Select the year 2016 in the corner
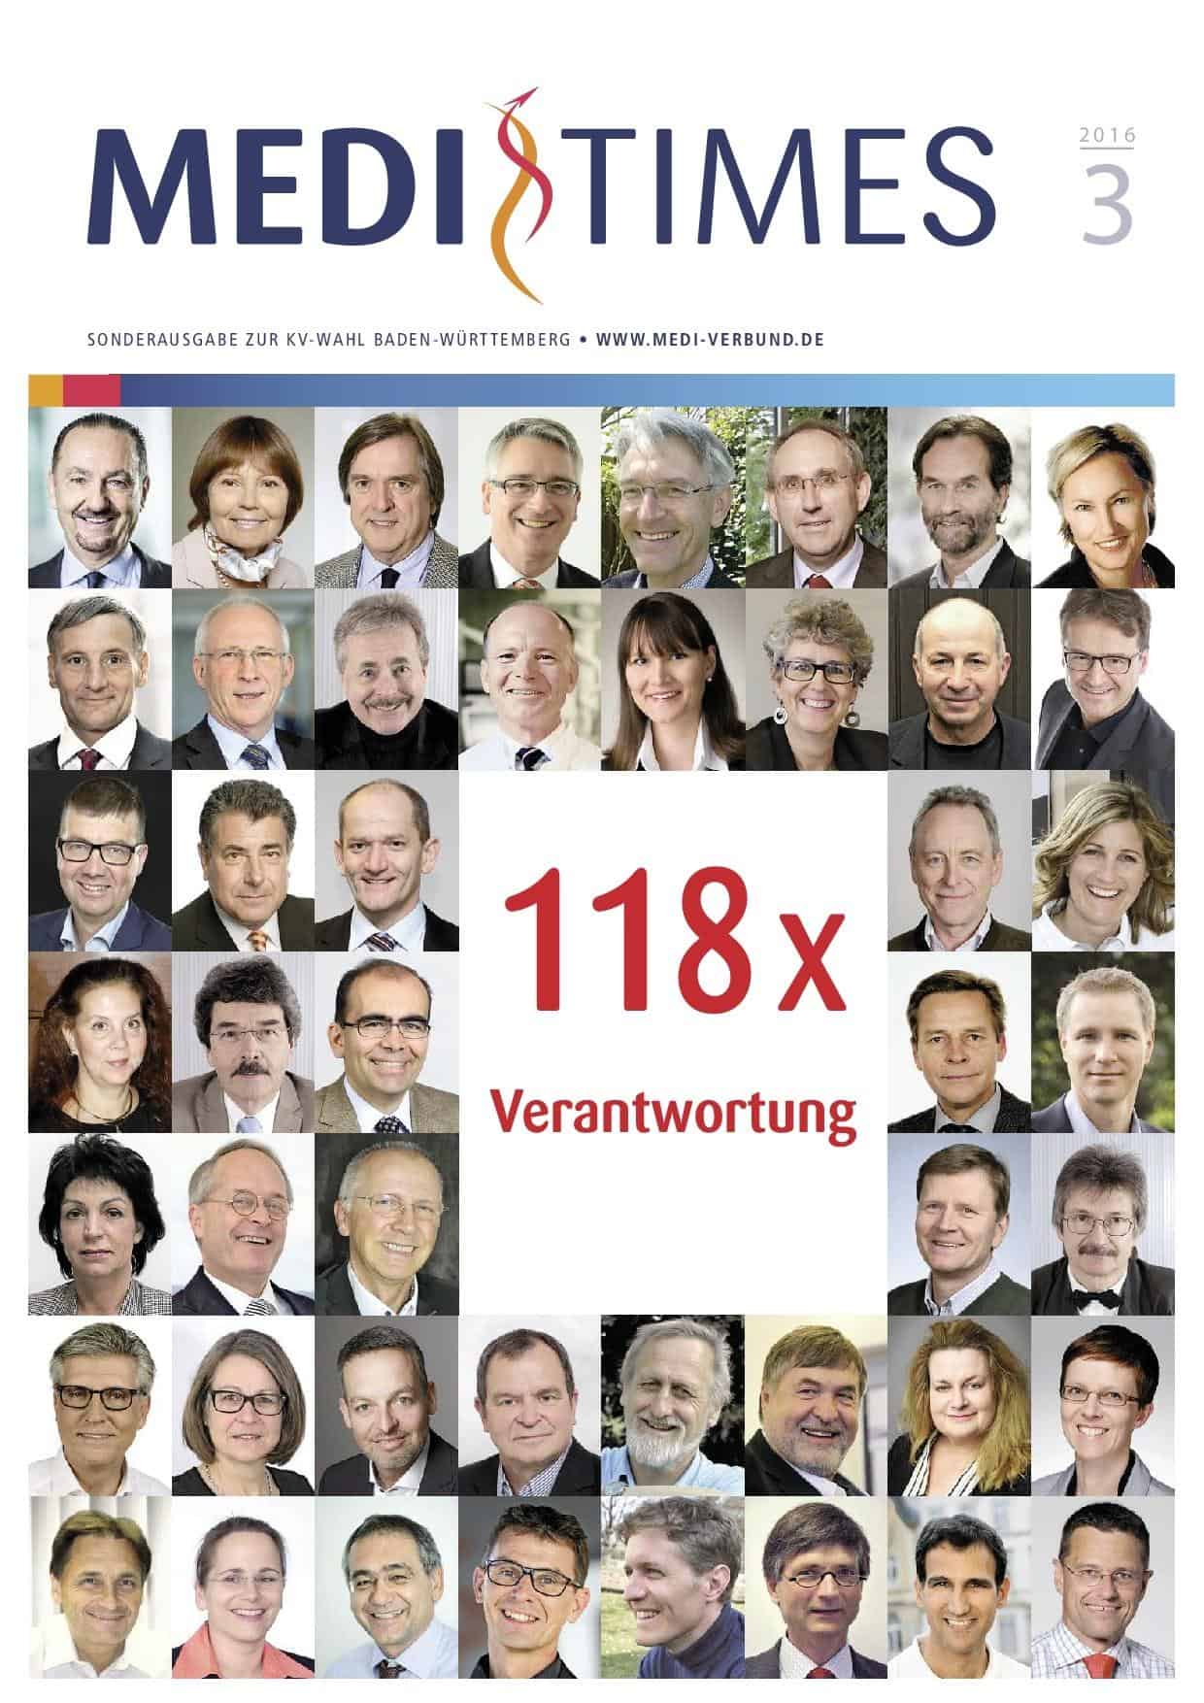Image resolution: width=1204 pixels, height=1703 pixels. click(x=1107, y=135)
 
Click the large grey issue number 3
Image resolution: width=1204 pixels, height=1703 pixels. click(x=1107, y=205)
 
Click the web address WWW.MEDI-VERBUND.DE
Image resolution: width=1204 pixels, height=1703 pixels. click(x=710, y=341)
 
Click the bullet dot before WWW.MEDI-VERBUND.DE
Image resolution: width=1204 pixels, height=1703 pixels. click(x=582, y=341)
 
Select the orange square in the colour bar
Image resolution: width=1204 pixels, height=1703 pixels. click(x=46, y=389)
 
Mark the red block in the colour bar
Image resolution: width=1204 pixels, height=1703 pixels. click(x=92, y=389)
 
